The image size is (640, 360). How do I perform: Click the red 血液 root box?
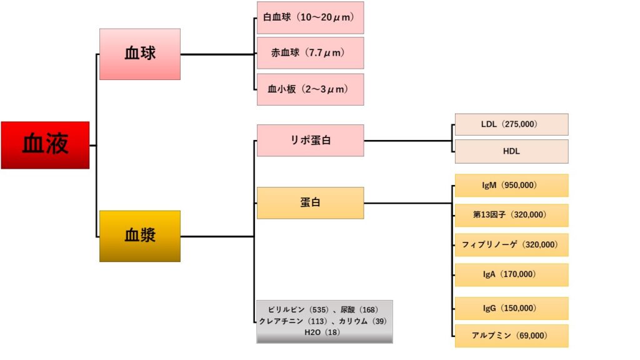click(45, 145)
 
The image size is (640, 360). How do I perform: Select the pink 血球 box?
click(140, 54)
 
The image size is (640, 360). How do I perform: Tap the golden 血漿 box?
click(140, 236)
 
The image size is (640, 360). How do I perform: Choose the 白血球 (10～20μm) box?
click(310, 17)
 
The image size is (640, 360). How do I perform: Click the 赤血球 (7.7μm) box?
click(310, 53)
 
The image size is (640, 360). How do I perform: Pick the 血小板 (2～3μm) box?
click(310, 89)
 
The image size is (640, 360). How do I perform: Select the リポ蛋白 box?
click(310, 140)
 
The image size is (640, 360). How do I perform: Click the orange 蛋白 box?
click(310, 202)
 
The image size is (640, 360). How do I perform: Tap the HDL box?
click(511, 151)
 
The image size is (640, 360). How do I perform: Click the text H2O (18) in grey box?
click(322, 332)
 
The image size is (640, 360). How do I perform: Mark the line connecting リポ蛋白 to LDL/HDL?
click(406, 140)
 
